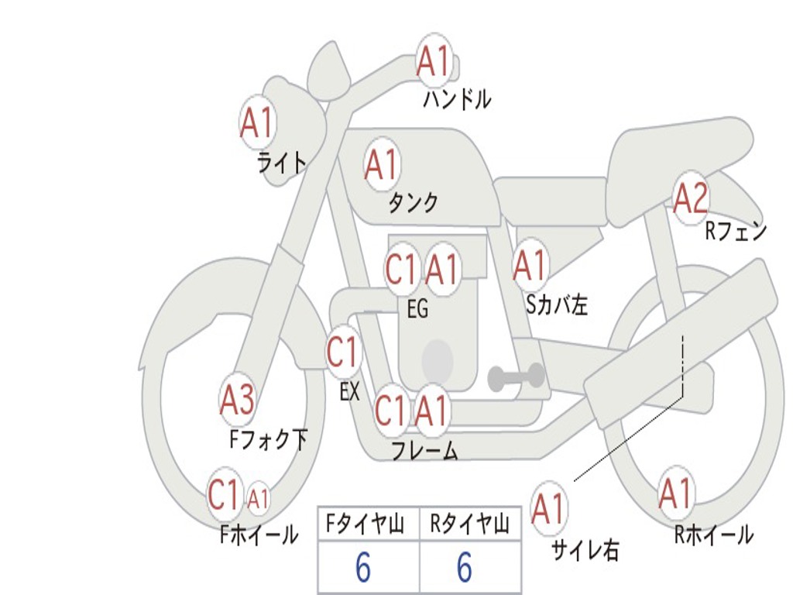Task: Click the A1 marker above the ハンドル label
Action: click(434, 62)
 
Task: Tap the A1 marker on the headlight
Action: click(258, 122)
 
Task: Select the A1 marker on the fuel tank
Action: click(382, 164)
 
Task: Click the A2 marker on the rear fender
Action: click(691, 198)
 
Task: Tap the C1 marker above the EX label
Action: click(343, 352)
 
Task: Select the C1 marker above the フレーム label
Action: click(391, 410)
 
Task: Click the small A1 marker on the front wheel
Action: click(258, 500)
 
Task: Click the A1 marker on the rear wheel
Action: click(675, 494)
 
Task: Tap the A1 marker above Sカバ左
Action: click(530, 265)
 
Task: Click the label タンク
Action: click(414, 202)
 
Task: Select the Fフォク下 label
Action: click(268, 439)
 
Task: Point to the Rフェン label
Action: click(736, 231)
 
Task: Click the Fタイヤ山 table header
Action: click(365, 524)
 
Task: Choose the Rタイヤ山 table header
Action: click(469, 524)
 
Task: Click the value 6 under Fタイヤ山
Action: click(363, 567)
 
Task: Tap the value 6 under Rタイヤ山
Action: click(465, 567)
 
